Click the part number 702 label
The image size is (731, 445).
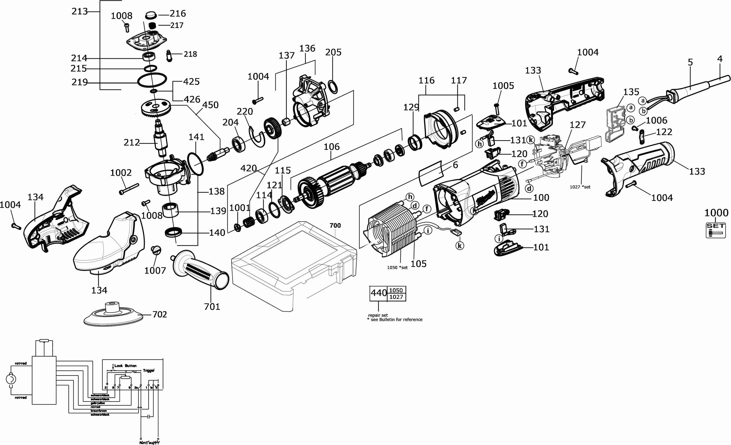pyautogui.click(x=160, y=314)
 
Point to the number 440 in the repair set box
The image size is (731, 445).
pyautogui.click(x=379, y=293)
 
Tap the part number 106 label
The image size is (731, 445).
pyautogui.click(x=331, y=147)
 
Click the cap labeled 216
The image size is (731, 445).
pyautogui.click(x=152, y=15)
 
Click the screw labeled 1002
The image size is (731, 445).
pyautogui.click(x=129, y=189)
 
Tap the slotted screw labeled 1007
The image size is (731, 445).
pyautogui.click(x=156, y=250)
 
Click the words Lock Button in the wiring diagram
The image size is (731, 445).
pyautogui.click(x=125, y=366)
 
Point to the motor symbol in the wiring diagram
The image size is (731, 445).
pyautogui.click(x=11, y=379)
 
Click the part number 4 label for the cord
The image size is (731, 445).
pyautogui.click(x=720, y=59)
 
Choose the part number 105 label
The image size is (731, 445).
pyautogui.click(x=418, y=264)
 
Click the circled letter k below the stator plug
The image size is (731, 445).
pyautogui.click(x=460, y=246)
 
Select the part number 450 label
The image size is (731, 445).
pyautogui.click(x=210, y=105)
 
